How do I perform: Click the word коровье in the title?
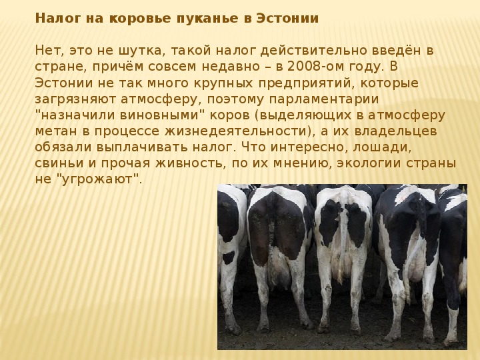pos(140,19)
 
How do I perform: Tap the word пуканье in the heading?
pos(207,19)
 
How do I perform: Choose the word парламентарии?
pos(324,99)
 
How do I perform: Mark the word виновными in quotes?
pos(157,115)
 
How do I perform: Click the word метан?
pos(56,131)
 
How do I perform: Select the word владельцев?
pos(395,131)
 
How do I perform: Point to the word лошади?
pos(382,147)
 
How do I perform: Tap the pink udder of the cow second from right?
pos(415,266)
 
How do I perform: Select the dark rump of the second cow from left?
pos(277,227)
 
